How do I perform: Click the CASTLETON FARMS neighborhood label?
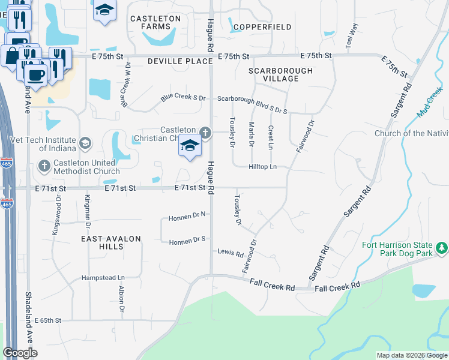point(155,23)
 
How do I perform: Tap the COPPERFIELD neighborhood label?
point(262,27)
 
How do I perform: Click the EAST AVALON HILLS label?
point(111,243)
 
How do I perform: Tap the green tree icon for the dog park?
point(442,247)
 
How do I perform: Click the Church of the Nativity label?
point(411,133)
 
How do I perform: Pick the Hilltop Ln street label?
point(264,167)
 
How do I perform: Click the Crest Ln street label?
point(271,137)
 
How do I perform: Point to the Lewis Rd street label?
point(230,253)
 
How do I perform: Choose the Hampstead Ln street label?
point(103,278)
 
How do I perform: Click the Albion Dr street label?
point(121,300)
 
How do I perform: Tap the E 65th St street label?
point(48,321)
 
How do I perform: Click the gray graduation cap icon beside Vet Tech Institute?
point(85,143)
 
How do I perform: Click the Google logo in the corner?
point(20,353)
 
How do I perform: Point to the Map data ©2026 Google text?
point(411,355)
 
